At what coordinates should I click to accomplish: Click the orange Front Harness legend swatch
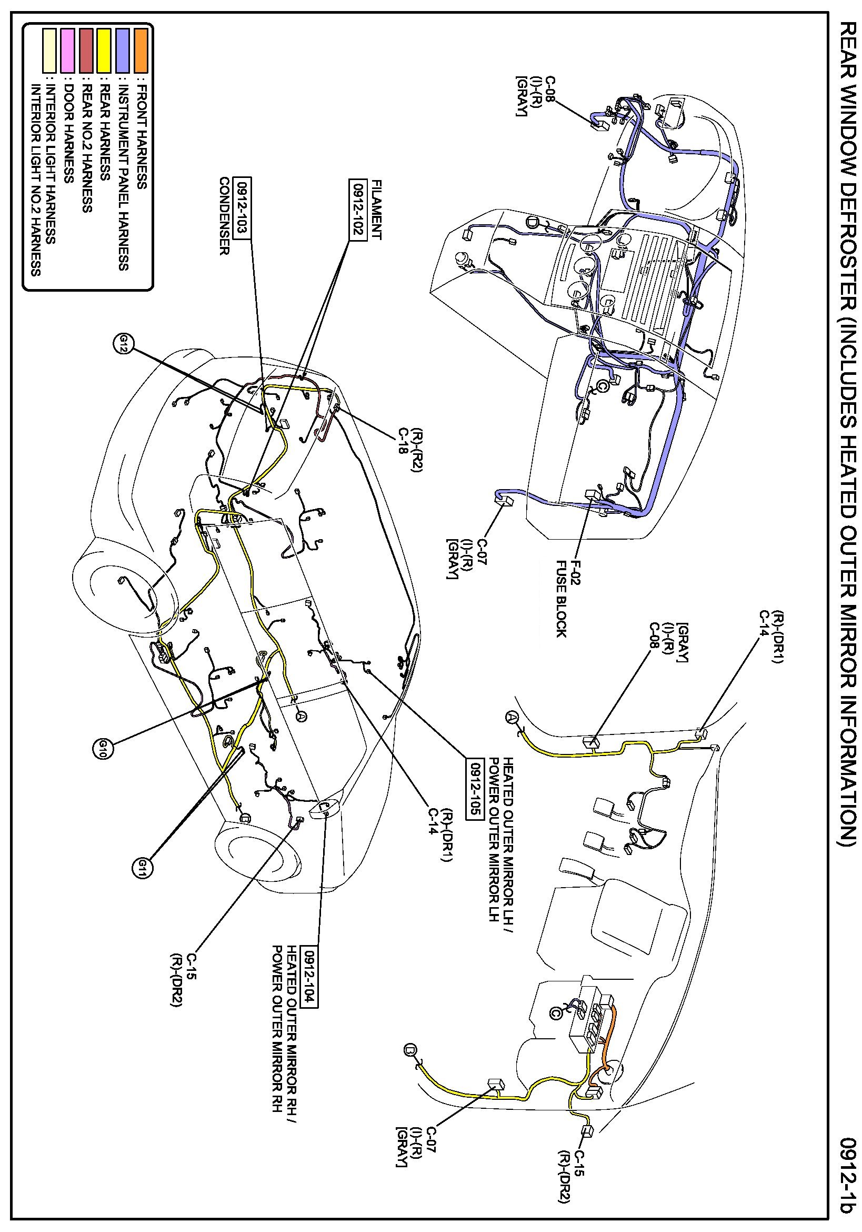pos(141,51)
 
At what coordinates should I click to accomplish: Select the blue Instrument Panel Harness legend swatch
pos(123,51)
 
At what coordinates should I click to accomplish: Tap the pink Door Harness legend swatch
pos(68,51)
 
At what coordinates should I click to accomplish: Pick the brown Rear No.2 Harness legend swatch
pos(86,51)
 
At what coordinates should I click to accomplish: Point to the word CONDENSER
pos(224,216)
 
